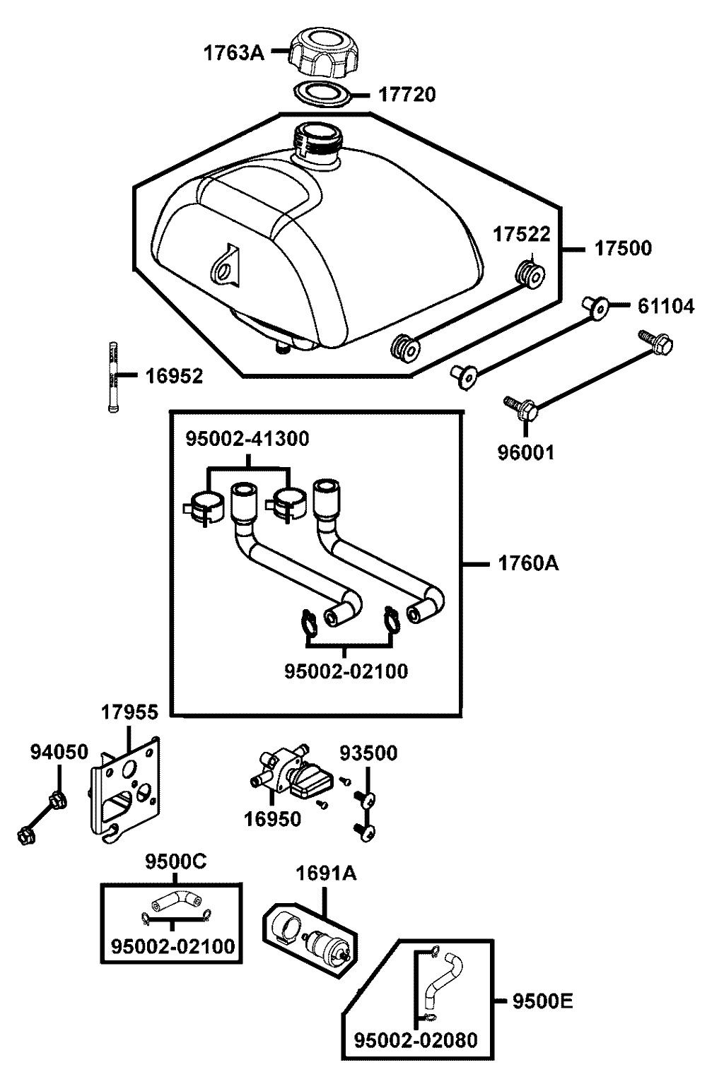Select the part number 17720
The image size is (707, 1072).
click(x=407, y=94)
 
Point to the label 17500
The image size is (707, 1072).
click(x=622, y=248)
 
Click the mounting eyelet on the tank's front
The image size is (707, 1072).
click(x=226, y=268)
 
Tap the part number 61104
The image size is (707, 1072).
click(x=665, y=306)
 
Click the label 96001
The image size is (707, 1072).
click(x=525, y=452)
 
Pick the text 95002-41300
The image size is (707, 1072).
click(x=247, y=439)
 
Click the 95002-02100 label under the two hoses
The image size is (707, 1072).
click(x=346, y=671)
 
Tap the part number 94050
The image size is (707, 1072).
click(x=59, y=752)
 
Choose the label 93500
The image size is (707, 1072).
click(x=368, y=753)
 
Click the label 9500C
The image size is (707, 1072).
click(x=176, y=862)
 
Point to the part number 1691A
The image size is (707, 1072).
click(x=326, y=873)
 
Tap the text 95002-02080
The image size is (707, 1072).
click(x=416, y=1040)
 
